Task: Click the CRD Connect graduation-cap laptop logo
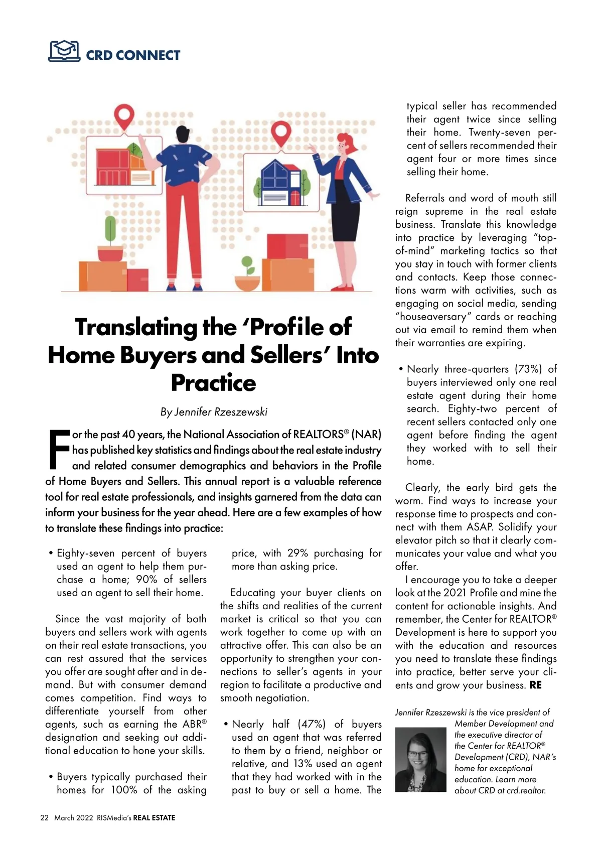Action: pyautogui.click(x=64, y=51)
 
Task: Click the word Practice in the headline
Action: pyautogui.click(x=213, y=383)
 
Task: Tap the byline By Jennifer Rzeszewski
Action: pyautogui.click(x=214, y=412)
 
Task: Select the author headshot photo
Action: pyautogui.click(x=420, y=759)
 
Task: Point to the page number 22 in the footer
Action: pyautogui.click(x=44, y=817)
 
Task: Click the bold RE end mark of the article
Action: pyautogui.click(x=535, y=685)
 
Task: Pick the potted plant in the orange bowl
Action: pyautogui.click(x=247, y=276)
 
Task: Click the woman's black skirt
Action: pyautogui.click(x=346, y=210)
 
